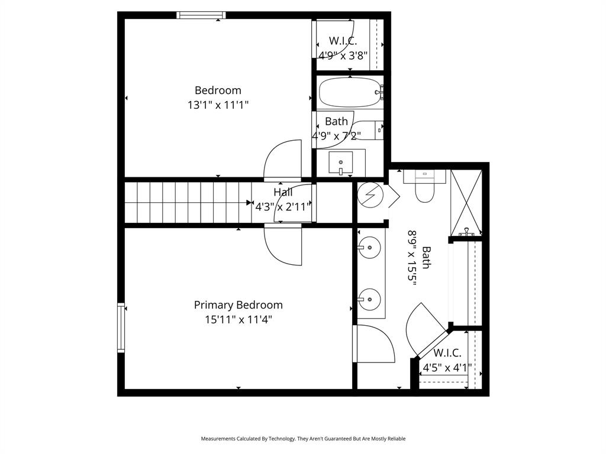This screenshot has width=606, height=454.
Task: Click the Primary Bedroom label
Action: [238, 305]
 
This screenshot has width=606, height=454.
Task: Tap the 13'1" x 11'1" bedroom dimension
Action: [218, 105]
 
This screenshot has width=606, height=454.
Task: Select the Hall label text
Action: [283, 192]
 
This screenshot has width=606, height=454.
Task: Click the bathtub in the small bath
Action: [349, 92]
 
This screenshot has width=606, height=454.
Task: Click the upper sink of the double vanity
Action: [370, 247]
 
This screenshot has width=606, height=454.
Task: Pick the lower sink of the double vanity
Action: [370, 299]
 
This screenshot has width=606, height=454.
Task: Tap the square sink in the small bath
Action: [341, 162]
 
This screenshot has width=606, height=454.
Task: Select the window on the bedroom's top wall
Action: [201, 15]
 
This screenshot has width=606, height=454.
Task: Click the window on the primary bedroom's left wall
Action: [121, 327]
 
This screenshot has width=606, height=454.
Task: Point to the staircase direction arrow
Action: [249, 203]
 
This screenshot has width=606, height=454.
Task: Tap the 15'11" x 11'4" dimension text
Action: [238, 320]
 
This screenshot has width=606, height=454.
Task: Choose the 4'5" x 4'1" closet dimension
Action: [447, 368]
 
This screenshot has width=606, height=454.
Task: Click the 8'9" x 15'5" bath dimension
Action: [412, 258]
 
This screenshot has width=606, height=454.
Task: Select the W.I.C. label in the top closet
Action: [343, 41]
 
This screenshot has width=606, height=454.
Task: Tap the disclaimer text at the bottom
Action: [303, 439]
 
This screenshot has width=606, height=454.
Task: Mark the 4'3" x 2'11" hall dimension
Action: [283, 207]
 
